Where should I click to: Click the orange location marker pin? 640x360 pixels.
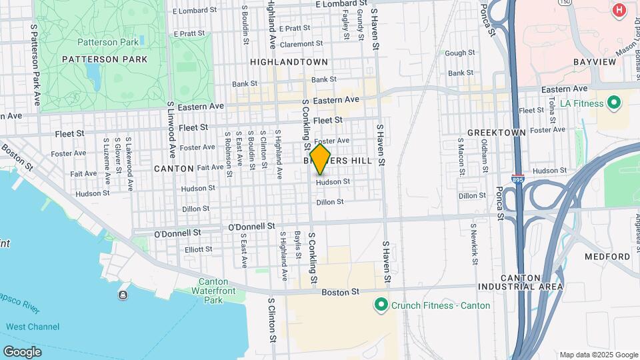coord(320,159)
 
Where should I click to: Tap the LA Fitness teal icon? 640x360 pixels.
coord(613,103)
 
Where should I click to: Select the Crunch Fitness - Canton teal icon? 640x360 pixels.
coord(381,305)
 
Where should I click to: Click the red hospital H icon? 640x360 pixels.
coord(619,10)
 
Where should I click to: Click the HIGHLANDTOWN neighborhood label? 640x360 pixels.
coord(289,61)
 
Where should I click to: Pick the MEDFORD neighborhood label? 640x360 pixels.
coord(607,257)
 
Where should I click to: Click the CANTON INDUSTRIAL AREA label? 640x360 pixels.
coord(520,282)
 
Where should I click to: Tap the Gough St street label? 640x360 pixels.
coord(459,53)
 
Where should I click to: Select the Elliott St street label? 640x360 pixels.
coord(199,249)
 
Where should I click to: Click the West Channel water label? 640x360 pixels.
coord(33,327)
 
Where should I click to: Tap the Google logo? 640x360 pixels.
coord(22,351)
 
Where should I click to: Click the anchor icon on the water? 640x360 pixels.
coord(123,295)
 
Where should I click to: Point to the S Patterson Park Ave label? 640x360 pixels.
coord(35,65)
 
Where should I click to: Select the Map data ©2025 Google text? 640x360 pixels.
coord(598,355)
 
